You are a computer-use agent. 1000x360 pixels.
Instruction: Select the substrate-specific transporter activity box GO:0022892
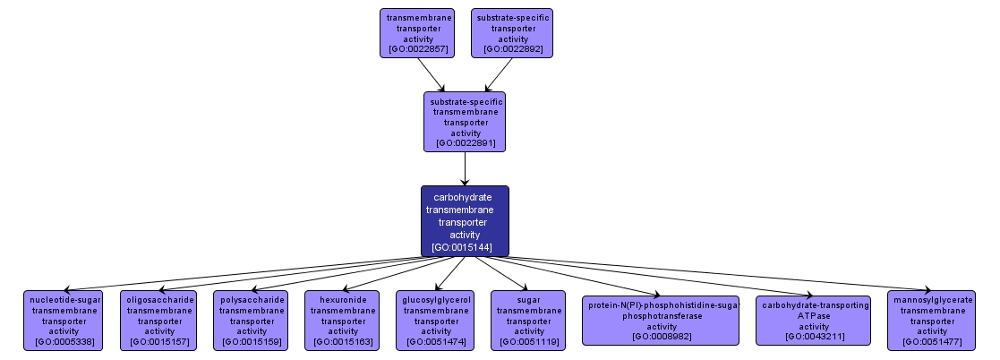512,33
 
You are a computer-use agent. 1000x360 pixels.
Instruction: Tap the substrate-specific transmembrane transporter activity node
465,121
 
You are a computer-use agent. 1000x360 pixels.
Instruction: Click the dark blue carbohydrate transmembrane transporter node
465,221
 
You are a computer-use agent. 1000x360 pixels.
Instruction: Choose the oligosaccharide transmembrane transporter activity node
158,320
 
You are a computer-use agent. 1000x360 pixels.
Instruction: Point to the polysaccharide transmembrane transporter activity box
252,320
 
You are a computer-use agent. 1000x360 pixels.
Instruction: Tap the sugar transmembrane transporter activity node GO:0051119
528,320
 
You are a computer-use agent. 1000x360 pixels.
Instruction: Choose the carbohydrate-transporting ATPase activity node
813,320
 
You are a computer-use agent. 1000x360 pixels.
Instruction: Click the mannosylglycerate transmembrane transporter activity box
931,320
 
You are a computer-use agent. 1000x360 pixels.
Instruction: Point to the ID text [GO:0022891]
465,142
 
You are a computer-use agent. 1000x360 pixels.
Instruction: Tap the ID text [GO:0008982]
661,337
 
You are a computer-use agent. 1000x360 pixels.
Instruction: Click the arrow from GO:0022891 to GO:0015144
465,167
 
